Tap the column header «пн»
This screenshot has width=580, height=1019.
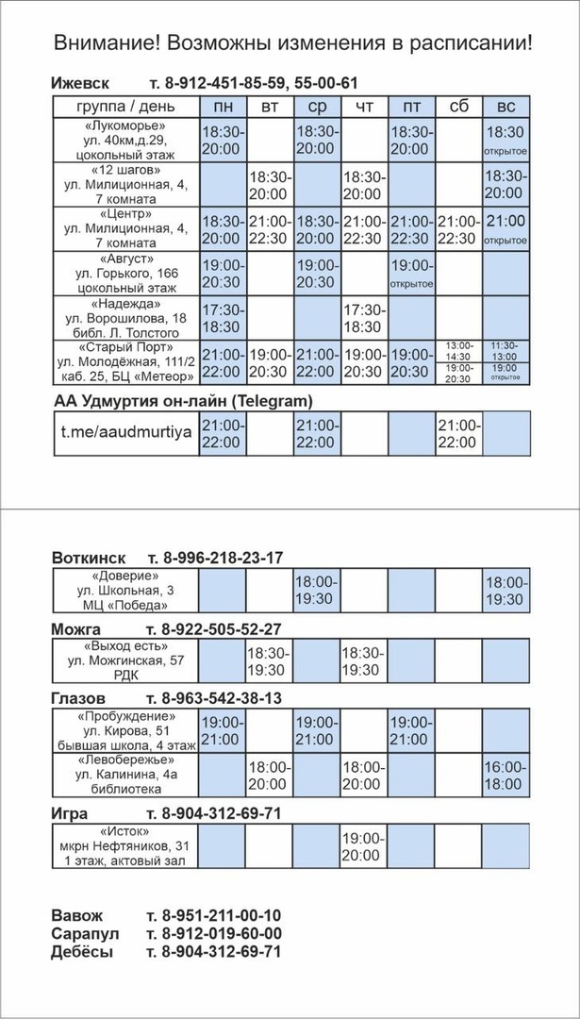tap(223, 106)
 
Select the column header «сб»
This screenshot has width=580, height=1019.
tap(458, 106)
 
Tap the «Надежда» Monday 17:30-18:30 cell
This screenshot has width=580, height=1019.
tap(223, 318)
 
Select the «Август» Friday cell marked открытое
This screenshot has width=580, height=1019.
tap(411, 274)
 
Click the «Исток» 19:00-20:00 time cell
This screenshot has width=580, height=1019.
tap(364, 846)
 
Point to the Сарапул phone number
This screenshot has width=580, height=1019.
tap(214, 933)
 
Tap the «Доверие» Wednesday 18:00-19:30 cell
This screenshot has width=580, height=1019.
tap(317, 591)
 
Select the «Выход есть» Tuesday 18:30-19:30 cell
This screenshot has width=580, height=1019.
tap(270, 661)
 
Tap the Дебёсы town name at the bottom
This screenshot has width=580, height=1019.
tap(82, 951)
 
